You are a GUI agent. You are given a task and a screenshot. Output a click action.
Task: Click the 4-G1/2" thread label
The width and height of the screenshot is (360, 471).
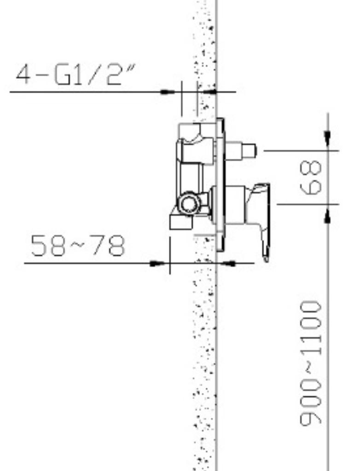pyautogui.click(x=76, y=74)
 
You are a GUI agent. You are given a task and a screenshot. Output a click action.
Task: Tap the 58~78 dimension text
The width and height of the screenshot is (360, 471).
pyautogui.click(x=78, y=246)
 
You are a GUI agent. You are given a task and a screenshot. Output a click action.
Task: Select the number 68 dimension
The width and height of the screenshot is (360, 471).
pyautogui.click(x=310, y=177)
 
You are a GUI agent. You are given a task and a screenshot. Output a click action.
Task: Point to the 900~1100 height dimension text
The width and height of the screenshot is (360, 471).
pyautogui.click(x=310, y=363)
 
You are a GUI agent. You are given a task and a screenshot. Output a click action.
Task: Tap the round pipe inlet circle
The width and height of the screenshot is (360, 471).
pyautogui.click(x=190, y=203)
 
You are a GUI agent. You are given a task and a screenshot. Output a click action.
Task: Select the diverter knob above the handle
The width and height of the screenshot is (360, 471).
pyautogui.click(x=241, y=150)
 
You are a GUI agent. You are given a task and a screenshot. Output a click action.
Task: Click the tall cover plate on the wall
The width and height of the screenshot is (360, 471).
pyautogui.click(x=220, y=185)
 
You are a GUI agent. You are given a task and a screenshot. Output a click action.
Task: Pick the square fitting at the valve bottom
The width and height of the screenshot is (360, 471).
pyautogui.click(x=181, y=223)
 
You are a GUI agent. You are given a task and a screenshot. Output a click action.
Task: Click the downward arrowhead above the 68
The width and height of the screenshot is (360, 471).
pyautogui.click(x=327, y=138)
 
